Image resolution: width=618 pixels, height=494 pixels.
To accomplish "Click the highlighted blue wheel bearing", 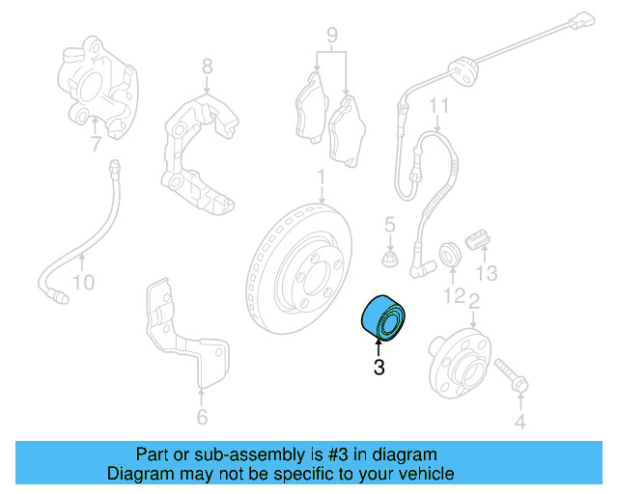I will point(383,317).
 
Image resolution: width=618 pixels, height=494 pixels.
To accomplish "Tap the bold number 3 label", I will point(379,367).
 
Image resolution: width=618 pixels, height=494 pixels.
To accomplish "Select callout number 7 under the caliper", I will point(96,146).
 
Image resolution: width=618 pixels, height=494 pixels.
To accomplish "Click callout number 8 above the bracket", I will point(207,67).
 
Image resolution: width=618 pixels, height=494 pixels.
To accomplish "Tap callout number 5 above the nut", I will point(390,226).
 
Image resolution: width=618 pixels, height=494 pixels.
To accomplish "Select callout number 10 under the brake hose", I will point(84,283).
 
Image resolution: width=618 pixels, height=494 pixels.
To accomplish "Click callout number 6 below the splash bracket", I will point(201,418).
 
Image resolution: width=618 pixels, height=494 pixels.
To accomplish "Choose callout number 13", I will point(488,273).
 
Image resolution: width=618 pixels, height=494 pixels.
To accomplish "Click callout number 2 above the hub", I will point(473,302).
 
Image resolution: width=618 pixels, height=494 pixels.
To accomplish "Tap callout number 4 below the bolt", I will point(519,421).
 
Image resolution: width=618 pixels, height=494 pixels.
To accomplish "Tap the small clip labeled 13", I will point(478,238).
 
